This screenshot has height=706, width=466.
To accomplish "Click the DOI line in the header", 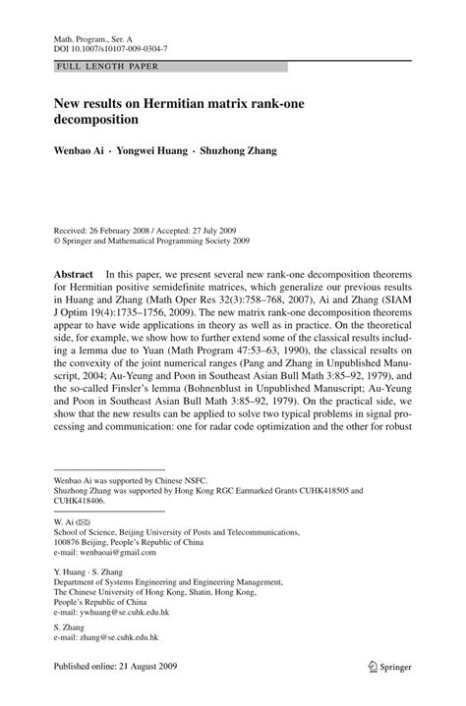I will pyautogui.click(x=109, y=47).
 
